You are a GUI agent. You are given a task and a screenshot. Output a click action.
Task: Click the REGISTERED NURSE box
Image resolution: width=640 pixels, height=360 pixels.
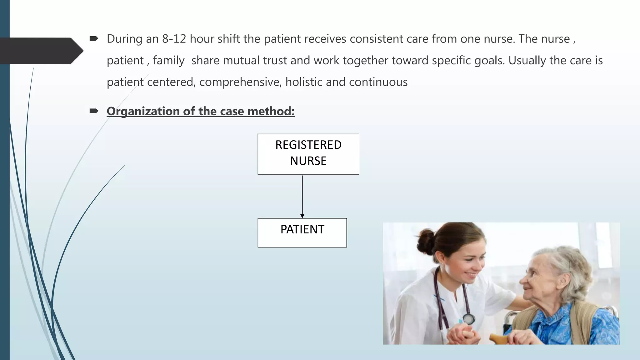pyautogui.click(x=308, y=154)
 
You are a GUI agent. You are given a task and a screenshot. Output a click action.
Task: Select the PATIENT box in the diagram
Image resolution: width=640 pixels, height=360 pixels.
pyautogui.click(x=302, y=232)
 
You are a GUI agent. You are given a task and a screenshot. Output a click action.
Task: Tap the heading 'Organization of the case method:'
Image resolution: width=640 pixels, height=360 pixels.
pyautogui.click(x=200, y=111)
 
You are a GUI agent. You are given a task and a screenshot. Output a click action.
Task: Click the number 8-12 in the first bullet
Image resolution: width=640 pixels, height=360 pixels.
pyautogui.click(x=174, y=39)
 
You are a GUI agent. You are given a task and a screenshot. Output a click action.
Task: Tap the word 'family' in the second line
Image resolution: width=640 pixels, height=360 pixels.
pyautogui.click(x=169, y=60)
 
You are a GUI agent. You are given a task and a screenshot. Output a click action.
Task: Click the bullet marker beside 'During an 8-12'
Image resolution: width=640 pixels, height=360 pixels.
pyautogui.click(x=94, y=38)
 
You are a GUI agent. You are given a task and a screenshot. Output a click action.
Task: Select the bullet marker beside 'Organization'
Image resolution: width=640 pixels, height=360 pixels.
pyautogui.click(x=94, y=111)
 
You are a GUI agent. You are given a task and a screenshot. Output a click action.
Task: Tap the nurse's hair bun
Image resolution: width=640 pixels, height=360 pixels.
pyautogui.click(x=426, y=241)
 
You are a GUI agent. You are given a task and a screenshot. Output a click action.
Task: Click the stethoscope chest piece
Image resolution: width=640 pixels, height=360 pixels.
pyautogui.click(x=468, y=319)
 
